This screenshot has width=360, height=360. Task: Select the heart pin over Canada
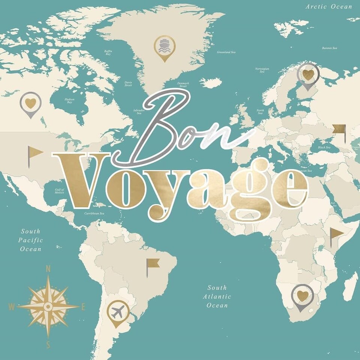tap(31, 102)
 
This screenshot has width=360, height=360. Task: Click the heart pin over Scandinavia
tap(308, 74)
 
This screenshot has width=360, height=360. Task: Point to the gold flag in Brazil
tap(152, 264)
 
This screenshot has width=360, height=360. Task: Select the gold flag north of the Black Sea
tap(339, 129)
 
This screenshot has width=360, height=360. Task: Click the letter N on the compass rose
tap(48, 268)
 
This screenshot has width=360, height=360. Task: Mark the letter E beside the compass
tap(83, 307)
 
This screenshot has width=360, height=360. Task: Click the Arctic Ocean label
tap(329, 6)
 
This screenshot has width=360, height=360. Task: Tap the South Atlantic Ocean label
tap(217, 296)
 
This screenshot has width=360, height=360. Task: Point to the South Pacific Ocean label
tap(31, 240)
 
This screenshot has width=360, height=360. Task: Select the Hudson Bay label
tap(70, 100)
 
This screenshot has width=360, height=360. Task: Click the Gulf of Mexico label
tap(59, 191)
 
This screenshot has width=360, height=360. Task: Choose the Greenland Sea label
tap(226, 52)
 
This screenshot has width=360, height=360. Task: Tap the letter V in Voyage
tap(79, 180)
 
